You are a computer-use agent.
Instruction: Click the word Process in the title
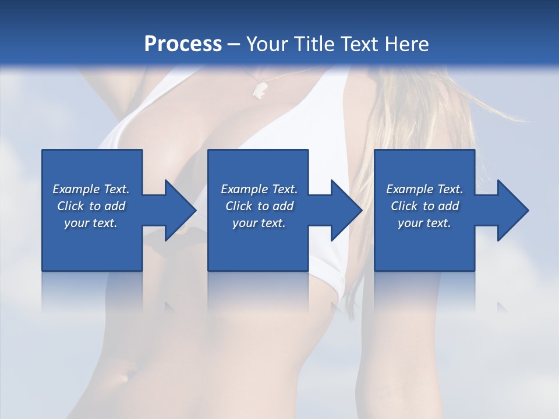click(183, 44)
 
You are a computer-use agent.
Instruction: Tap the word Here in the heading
click(406, 44)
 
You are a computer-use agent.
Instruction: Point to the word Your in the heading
click(266, 44)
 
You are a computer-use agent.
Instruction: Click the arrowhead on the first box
click(180, 210)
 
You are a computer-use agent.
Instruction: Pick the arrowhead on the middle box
click(346, 210)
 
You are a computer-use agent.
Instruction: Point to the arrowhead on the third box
click(512, 210)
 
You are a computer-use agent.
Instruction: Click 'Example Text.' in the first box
click(91, 189)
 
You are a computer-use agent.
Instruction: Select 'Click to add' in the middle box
click(259, 206)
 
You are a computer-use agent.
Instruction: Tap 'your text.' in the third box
click(424, 223)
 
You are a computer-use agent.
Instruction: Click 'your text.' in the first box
click(91, 223)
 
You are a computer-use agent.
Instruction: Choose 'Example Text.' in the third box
click(424, 189)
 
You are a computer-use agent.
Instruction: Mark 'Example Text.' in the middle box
click(259, 189)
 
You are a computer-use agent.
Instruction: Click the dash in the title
click(233, 45)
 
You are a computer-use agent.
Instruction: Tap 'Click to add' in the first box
click(91, 206)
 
